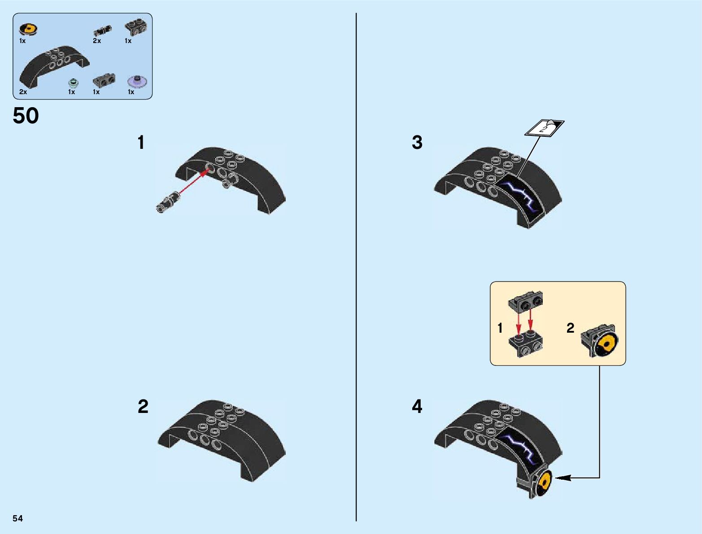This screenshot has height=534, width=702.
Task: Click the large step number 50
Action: click(x=26, y=116)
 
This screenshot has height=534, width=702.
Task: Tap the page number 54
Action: click(x=17, y=518)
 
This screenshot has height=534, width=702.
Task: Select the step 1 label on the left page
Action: click(x=141, y=143)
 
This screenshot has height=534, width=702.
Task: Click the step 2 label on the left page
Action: click(x=143, y=407)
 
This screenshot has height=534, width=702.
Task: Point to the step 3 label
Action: click(x=417, y=143)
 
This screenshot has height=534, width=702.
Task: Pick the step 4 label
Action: click(x=417, y=407)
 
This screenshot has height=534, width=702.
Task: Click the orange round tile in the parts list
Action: click(x=28, y=30)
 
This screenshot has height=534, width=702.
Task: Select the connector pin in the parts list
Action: click(x=103, y=30)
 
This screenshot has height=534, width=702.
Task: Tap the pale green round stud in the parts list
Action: click(x=73, y=82)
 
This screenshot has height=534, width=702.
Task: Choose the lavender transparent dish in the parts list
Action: click(x=137, y=81)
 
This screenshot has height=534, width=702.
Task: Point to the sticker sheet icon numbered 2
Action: click(x=544, y=128)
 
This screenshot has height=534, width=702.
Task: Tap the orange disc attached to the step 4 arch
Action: click(x=545, y=482)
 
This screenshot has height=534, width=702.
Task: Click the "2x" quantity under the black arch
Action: click(x=23, y=92)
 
